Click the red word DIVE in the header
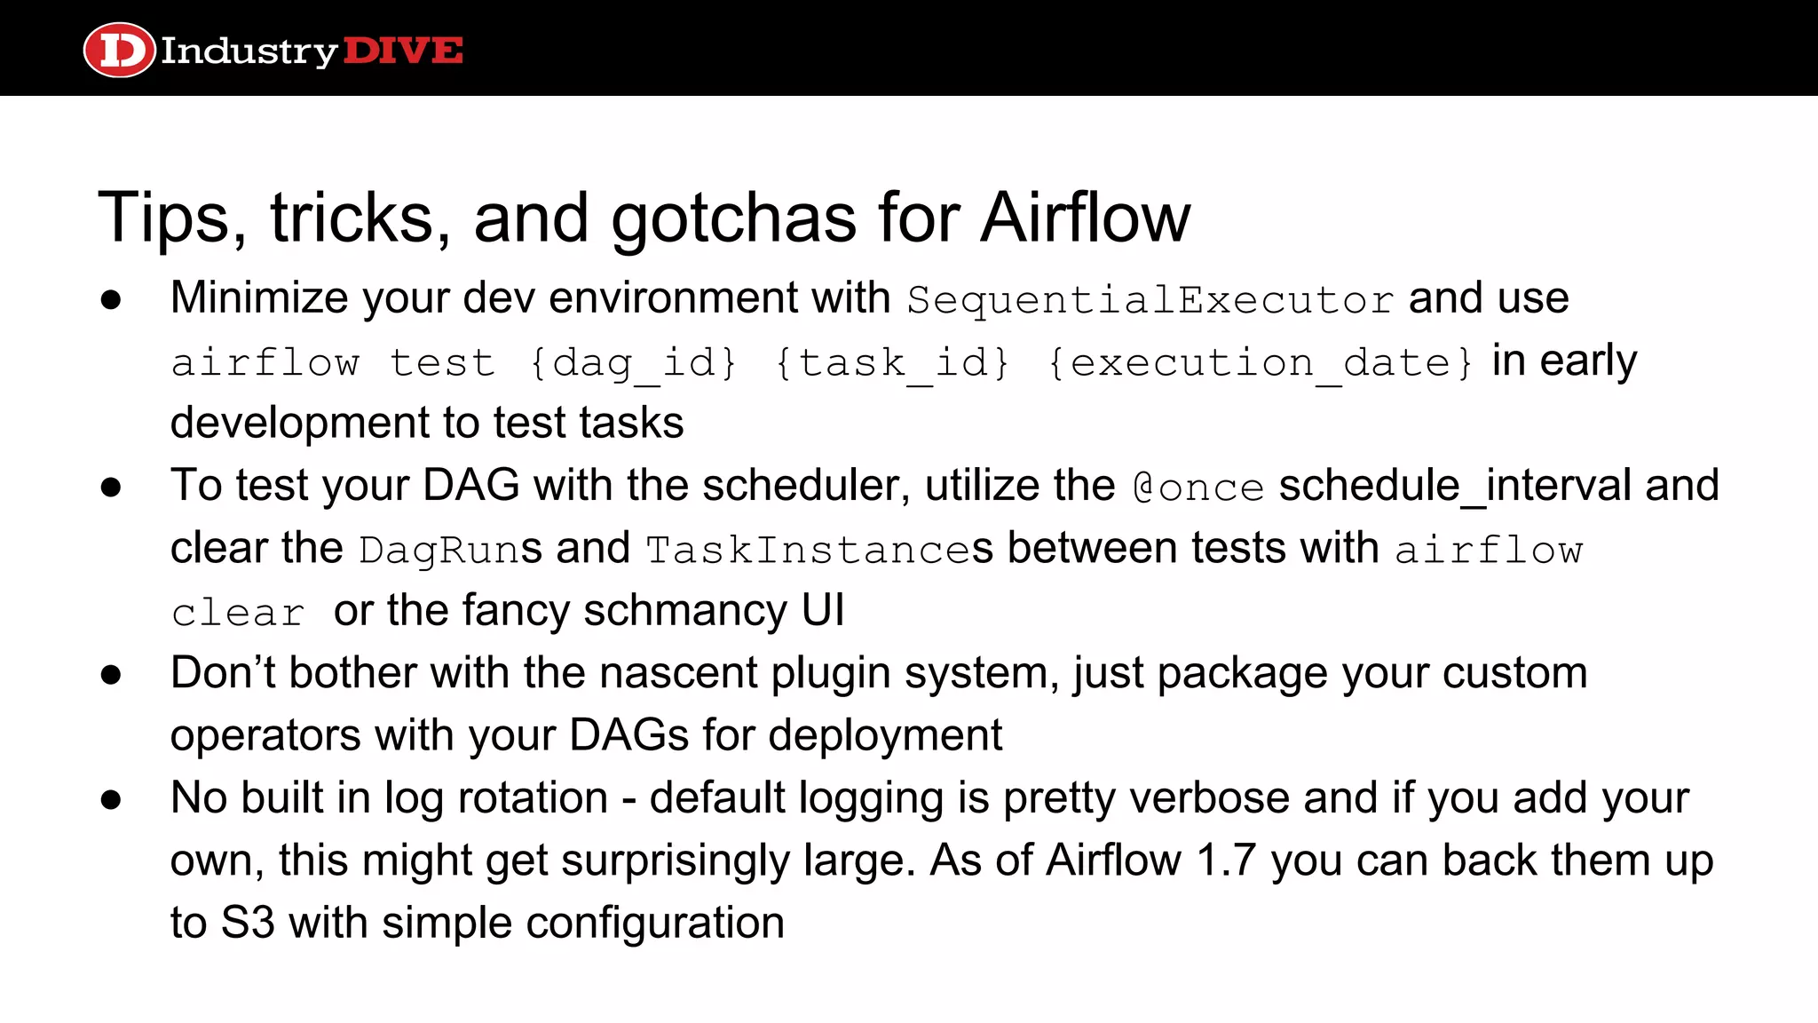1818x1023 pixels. coord(402,51)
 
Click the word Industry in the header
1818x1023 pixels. coord(249,52)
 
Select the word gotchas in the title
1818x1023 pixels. coord(733,218)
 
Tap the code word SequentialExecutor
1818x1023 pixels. coord(1150,300)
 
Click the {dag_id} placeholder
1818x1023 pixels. coord(633,363)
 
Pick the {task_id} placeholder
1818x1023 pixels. coord(892,363)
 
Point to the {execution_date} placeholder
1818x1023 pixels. coord(1261,363)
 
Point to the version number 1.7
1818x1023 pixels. coord(1226,860)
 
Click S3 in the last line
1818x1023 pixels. coord(248,923)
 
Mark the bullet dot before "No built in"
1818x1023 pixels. coord(111,800)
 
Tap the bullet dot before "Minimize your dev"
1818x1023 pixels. coord(111,300)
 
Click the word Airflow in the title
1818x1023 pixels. coord(1085,218)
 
